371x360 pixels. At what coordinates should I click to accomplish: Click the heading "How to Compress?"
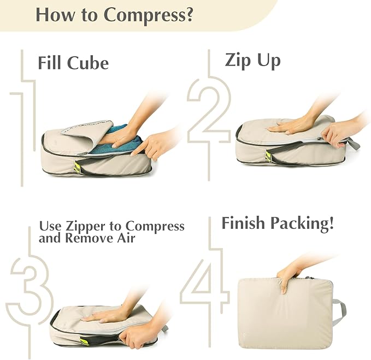[114, 15]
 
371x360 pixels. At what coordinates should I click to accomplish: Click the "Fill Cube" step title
[73, 63]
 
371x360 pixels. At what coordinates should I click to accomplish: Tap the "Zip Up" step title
[252, 60]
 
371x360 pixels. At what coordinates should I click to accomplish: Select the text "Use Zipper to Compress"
[111, 226]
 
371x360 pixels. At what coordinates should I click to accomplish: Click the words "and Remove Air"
[87, 238]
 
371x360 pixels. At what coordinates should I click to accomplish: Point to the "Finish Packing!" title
[277, 223]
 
